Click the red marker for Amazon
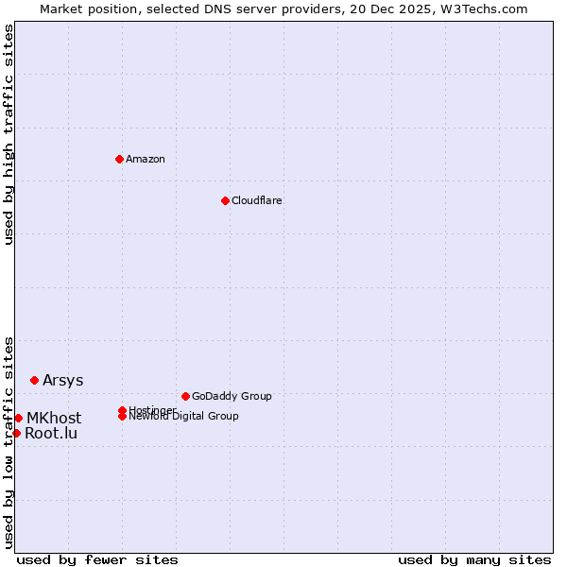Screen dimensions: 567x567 coord(119,159)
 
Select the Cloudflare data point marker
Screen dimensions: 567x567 coord(225,200)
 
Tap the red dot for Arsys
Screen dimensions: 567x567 coord(34,380)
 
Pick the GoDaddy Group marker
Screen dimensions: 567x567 coord(185,396)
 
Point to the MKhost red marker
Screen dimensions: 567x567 coord(18,418)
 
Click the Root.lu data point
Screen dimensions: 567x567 coord(16,433)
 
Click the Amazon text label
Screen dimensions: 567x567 coord(146,159)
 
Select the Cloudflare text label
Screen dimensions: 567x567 coord(257,200)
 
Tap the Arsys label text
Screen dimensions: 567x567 coord(62,380)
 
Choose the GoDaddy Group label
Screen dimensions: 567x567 coord(232,396)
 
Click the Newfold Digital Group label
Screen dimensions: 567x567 coord(184,417)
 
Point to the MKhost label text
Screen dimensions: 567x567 coord(54,418)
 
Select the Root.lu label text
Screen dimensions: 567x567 coord(51,434)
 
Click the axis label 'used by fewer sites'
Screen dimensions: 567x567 coord(97,559)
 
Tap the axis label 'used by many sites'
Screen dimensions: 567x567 coord(474,559)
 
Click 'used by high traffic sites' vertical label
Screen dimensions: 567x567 coord(9,134)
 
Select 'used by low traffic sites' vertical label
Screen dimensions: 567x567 coord(9,441)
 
